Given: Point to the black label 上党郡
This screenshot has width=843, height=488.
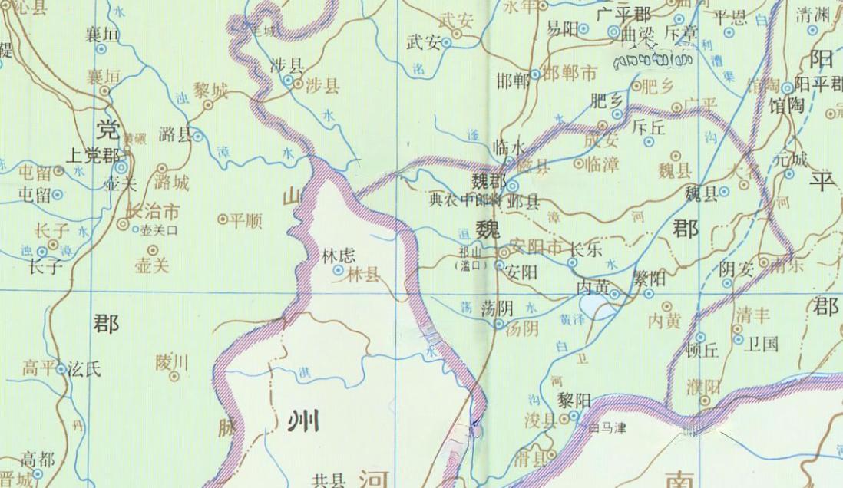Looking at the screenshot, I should (94, 154).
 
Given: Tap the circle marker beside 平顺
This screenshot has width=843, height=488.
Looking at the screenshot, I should (223, 220).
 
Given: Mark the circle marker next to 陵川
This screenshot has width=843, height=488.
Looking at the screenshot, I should (175, 376).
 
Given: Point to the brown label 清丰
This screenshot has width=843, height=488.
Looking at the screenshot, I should (752, 315).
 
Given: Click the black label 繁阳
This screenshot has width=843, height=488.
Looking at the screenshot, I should (649, 279).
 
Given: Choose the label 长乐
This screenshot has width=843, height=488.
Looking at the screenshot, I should (585, 249).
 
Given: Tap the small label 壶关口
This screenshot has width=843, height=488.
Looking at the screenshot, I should (160, 229).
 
